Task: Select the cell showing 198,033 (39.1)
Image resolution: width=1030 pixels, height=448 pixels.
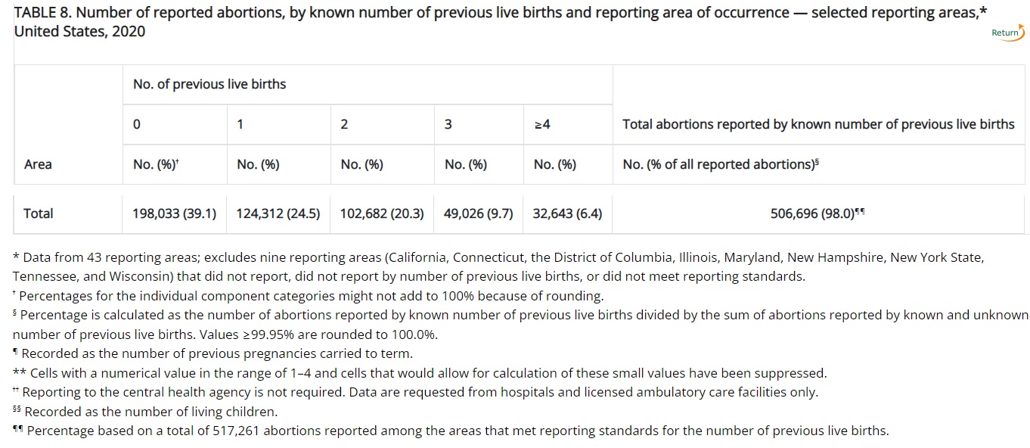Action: point(175,213)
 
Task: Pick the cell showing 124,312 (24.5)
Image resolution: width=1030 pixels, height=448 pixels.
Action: point(278,213)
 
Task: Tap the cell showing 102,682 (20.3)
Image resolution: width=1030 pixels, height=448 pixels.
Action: point(382,213)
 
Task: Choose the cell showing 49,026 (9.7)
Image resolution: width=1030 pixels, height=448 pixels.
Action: point(478,213)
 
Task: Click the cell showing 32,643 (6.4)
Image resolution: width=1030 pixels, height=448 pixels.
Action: point(567,213)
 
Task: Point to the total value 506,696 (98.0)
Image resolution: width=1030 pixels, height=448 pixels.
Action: point(817,213)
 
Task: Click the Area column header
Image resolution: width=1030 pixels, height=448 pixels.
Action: point(38,164)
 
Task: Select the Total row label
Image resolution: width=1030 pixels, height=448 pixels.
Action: point(39,213)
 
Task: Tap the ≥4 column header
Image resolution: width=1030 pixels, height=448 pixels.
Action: point(541,124)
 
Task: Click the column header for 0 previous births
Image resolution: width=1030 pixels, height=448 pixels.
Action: point(136,124)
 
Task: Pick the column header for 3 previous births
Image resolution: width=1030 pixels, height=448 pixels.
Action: point(448,124)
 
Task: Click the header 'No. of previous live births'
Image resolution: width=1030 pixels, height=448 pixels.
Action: point(209,84)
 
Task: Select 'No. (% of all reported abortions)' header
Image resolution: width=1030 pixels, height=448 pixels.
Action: point(720,164)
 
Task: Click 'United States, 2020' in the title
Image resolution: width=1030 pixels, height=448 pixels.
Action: point(79,31)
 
